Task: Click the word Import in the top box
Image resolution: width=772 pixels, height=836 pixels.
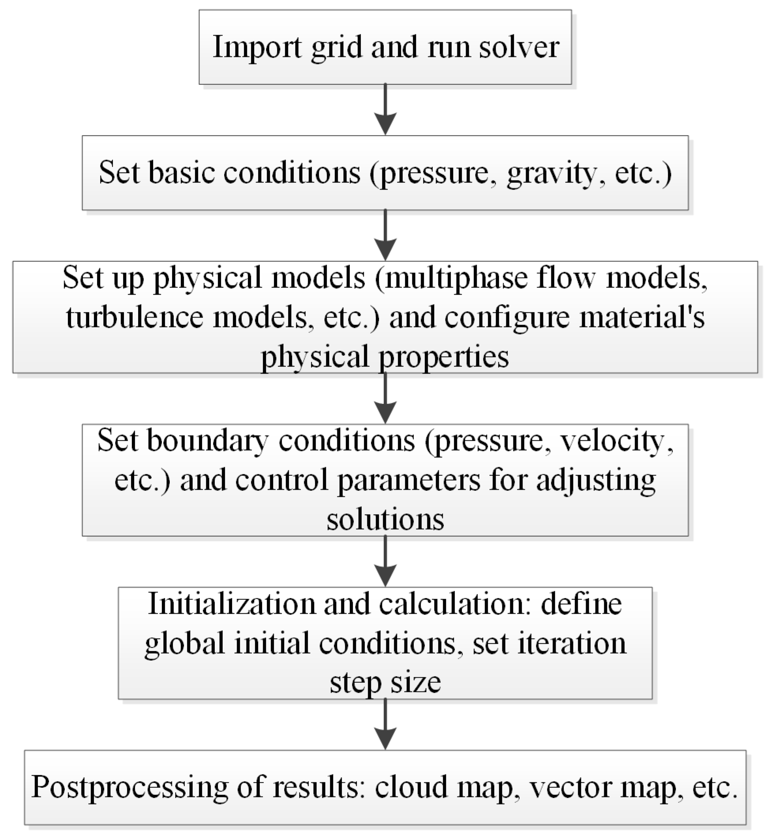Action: tap(257, 47)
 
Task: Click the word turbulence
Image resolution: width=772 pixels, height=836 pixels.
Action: tap(135, 317)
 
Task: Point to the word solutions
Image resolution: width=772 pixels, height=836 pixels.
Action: tap(385, 520)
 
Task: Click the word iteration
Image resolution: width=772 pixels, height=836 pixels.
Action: tap(572, 643)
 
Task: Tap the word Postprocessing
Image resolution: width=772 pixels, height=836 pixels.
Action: tap(130, 788)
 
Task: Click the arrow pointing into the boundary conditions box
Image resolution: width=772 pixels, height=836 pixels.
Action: tap(385, 398)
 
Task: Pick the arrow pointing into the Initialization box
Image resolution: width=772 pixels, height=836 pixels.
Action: tap(385, 562)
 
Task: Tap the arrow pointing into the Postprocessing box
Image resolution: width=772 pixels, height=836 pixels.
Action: tap(385, 725)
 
